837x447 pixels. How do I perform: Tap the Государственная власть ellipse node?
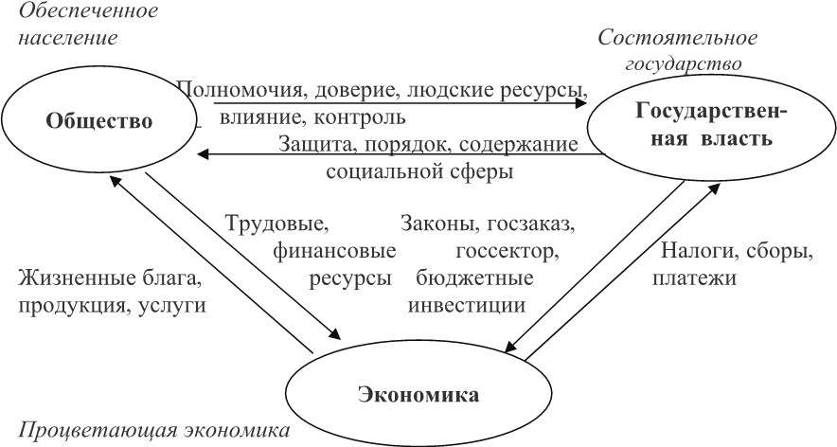coord(712,126)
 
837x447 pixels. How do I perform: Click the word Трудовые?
coord(277,223)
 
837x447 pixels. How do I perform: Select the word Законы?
coord(436,223)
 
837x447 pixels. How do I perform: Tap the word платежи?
coord(694,278)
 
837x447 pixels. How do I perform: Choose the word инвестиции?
coord(467,306)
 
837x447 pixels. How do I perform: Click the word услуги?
coord(172,306)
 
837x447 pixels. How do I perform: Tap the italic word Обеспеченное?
coord(89,10)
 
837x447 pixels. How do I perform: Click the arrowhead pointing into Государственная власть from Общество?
coord(580,102)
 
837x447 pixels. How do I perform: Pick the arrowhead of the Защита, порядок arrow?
coord(203,155)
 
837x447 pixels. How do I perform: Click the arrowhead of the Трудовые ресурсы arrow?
coord(334,332)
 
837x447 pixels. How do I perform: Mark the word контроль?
coord(360,116)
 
